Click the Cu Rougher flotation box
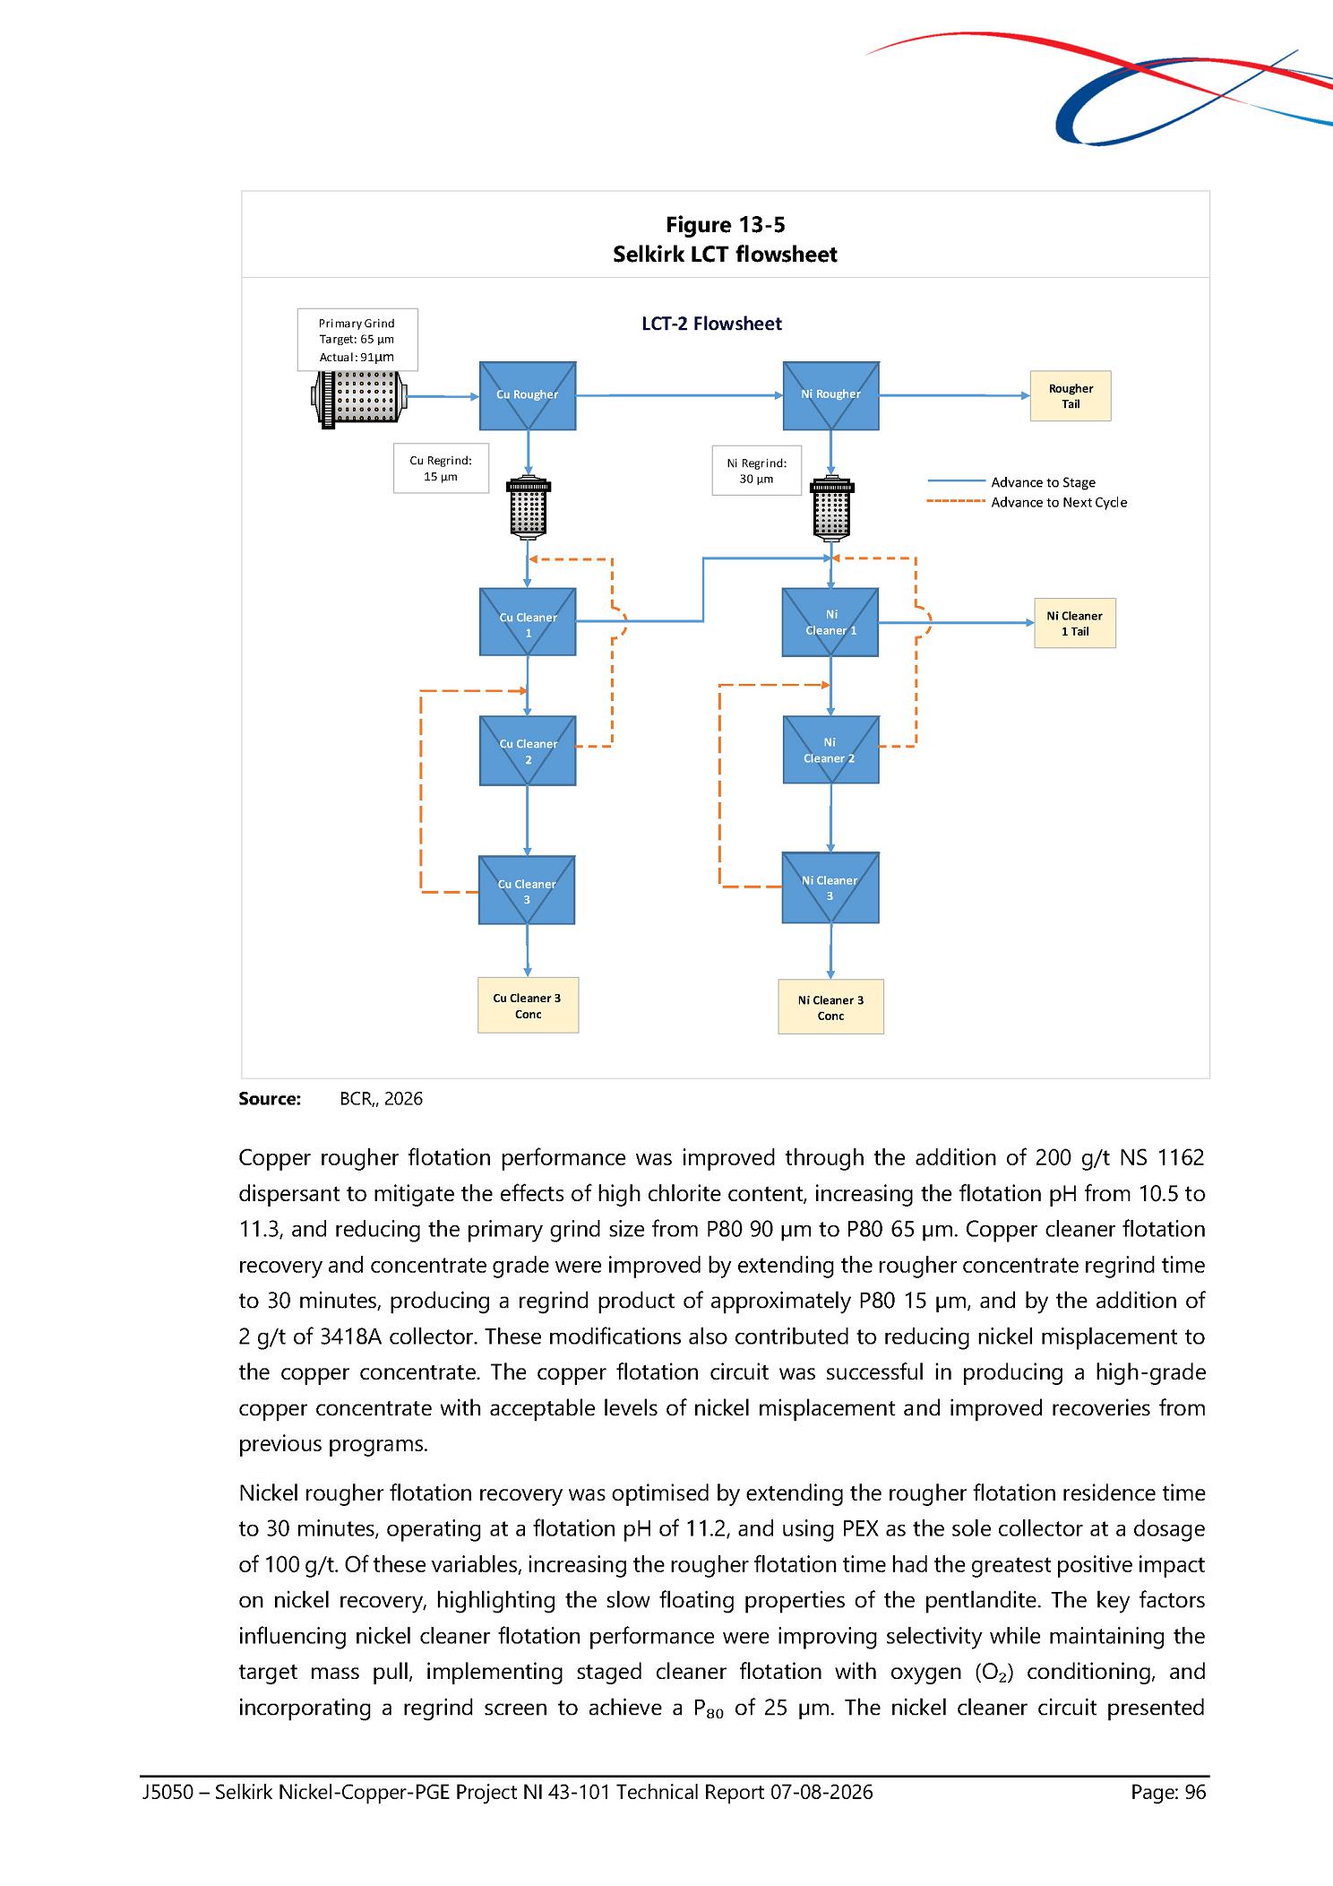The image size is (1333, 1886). (x=528, y=395)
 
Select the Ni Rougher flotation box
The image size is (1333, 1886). (x=831, y=395)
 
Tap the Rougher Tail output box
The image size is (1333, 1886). (x=1071, y=396)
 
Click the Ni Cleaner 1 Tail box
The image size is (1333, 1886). (x=1075, y=623)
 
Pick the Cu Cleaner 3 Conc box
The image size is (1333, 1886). (x=528, y=1005)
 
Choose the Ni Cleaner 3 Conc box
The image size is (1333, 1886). (x=830, y=1007)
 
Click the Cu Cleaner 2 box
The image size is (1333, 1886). (x=528, y=751)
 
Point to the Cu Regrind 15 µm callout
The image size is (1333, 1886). (x=441, y=468)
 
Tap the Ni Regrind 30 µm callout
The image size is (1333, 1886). (x=757, y=471)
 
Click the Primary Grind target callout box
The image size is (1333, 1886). (x=357, y=340)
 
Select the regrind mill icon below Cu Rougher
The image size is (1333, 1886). (x=529, y=507)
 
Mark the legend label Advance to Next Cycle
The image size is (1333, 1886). (x=1059, y=502)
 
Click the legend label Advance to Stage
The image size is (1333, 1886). (x=1043, y=482)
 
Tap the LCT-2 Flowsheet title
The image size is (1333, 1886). (x=711, y=324)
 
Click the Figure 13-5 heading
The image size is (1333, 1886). (x=725, y=225)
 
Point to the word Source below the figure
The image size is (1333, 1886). (x=270, y=1099)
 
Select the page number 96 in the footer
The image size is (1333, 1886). (x=1195, y=1792)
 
